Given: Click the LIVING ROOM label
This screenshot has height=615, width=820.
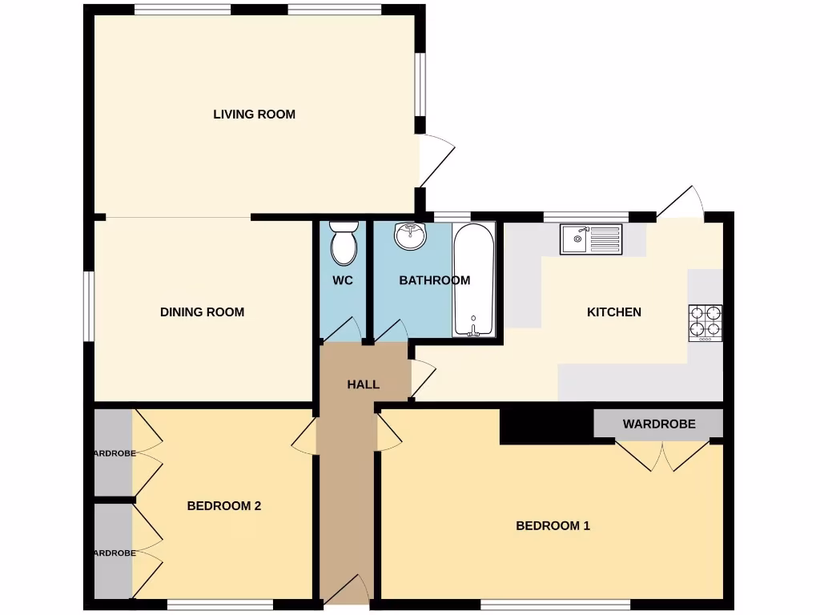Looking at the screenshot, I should point(254,115).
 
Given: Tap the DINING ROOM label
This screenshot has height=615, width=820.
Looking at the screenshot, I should point(202,312).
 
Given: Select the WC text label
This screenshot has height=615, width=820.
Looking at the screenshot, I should point(343,281).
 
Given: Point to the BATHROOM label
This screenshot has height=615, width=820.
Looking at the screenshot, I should point(434,281).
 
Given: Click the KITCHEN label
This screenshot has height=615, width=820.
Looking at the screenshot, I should point(614,312).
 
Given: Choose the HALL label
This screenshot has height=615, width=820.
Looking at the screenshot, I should point(363,385).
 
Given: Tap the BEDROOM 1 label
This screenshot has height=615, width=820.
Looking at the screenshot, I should point(553,526).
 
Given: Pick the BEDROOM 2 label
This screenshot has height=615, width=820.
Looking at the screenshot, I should point(224,506).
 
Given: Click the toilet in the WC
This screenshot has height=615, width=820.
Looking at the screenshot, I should point(344,244).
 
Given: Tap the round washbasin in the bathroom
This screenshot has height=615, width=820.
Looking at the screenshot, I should point(411,235).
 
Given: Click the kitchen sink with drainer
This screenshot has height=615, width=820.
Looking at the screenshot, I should point(591,239).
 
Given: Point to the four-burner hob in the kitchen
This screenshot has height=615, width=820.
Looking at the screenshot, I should point(705,323).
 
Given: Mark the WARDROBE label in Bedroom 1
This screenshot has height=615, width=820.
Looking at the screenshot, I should point(659,424).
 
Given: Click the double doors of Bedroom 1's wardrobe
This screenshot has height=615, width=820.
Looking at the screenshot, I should point(664,456).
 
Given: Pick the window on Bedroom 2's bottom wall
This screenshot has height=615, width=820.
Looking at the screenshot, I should point(220,605).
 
